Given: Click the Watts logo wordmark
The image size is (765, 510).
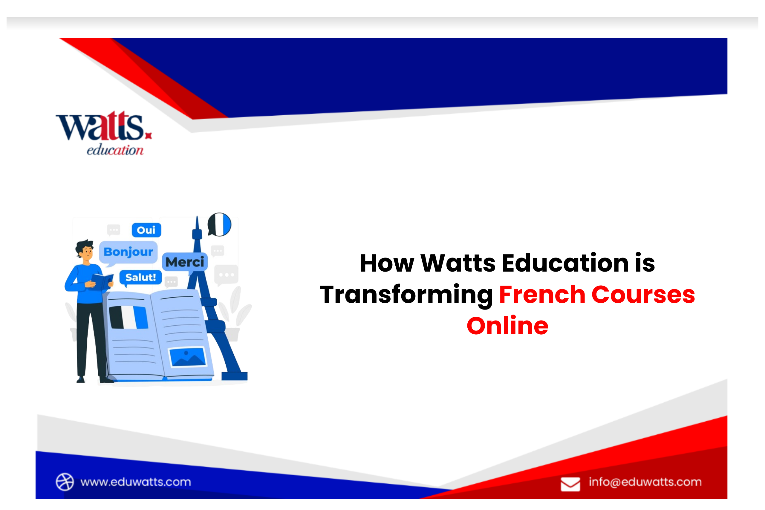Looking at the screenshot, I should coord(101,127).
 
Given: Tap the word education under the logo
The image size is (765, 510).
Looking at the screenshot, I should coord(115,150).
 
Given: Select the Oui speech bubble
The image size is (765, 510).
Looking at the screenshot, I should coord(146,230).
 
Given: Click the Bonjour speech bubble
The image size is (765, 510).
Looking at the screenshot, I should coord(128,252).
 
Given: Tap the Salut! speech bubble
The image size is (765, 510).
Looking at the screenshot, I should coord(140,278).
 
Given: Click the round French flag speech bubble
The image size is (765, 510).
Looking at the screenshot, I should coord(220,224).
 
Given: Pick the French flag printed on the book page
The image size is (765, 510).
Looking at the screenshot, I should coord(128,317).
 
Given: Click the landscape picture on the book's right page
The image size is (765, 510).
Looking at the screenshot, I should coord(187,357).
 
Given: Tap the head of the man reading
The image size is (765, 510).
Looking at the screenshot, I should coord(85,250).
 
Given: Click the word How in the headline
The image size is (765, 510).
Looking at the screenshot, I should coord(387,263).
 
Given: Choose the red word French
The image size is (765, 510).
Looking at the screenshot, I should coord(542,295).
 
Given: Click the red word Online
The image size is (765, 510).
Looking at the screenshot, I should coord(507,326).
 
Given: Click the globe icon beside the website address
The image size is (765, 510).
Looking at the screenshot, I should coord(65,482).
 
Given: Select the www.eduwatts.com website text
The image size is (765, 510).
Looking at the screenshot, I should coord(136,482).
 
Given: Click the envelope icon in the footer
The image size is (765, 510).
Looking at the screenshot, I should coord(570,484).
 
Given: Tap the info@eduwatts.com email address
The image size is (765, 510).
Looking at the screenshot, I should coord(645,482).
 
